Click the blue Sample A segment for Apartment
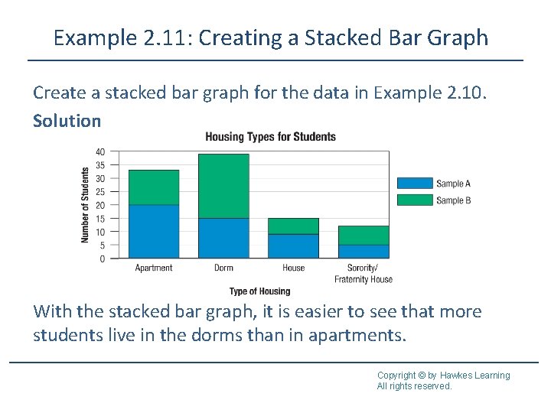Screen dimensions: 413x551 coord(154,231)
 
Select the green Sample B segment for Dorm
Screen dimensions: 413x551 coord(223,186)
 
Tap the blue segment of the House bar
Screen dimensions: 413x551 coord(293,246)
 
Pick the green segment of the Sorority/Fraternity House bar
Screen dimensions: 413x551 coord(364,235)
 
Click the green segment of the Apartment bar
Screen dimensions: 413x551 coord(154,187)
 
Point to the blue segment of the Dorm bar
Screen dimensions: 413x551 coord(223,238)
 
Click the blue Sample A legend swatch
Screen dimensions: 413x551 coord(414,184)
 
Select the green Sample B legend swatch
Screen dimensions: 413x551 coord(414,200)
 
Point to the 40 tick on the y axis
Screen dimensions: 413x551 coord(100,151)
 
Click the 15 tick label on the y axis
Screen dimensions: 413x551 coord(100,219)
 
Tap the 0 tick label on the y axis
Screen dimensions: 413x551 coord(103,259)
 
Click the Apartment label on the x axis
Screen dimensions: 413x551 coord(154,268)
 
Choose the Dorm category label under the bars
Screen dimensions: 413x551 coord(223,268)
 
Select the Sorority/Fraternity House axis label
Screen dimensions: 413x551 coord(364,274)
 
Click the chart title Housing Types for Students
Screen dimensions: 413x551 coord(270,137)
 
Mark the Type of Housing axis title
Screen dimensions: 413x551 coord(259,291)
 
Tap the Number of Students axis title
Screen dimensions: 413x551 coord(85,205)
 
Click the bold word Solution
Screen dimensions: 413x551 coord(67,121)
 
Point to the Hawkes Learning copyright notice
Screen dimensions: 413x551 coord(442,380)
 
